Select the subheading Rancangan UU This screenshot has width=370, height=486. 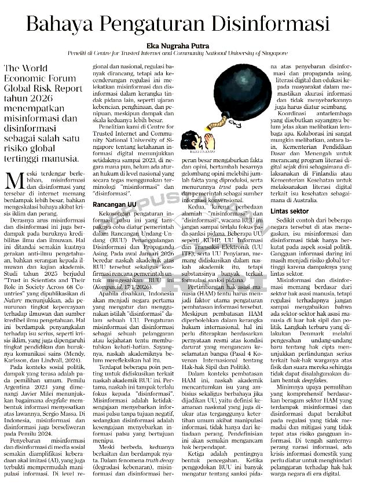pos(115,205)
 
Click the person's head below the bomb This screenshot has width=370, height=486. pos(188,139)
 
